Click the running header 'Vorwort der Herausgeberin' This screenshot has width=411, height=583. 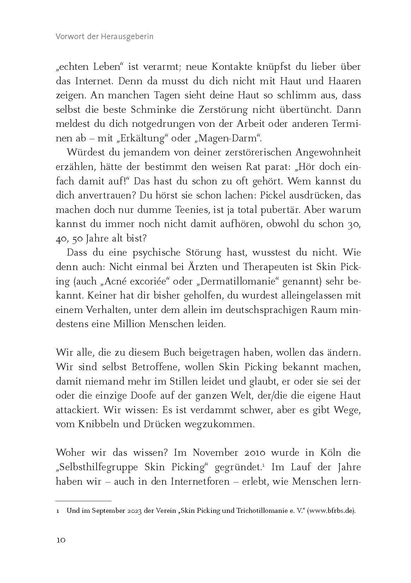pyautogui.click(x=104, y=37)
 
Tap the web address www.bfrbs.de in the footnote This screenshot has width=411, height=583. pyautogui.click(x=331, y=511)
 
